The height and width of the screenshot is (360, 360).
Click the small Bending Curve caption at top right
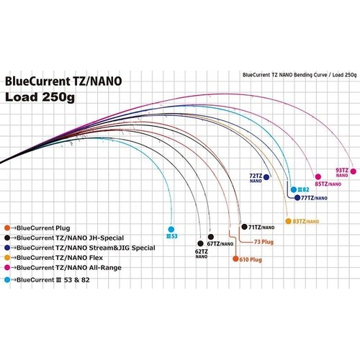coord(300,74)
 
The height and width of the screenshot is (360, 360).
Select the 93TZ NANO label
coord(345,171)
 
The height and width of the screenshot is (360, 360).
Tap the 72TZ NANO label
coord(256,178)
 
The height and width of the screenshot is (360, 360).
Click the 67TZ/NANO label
coord(220,244)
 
